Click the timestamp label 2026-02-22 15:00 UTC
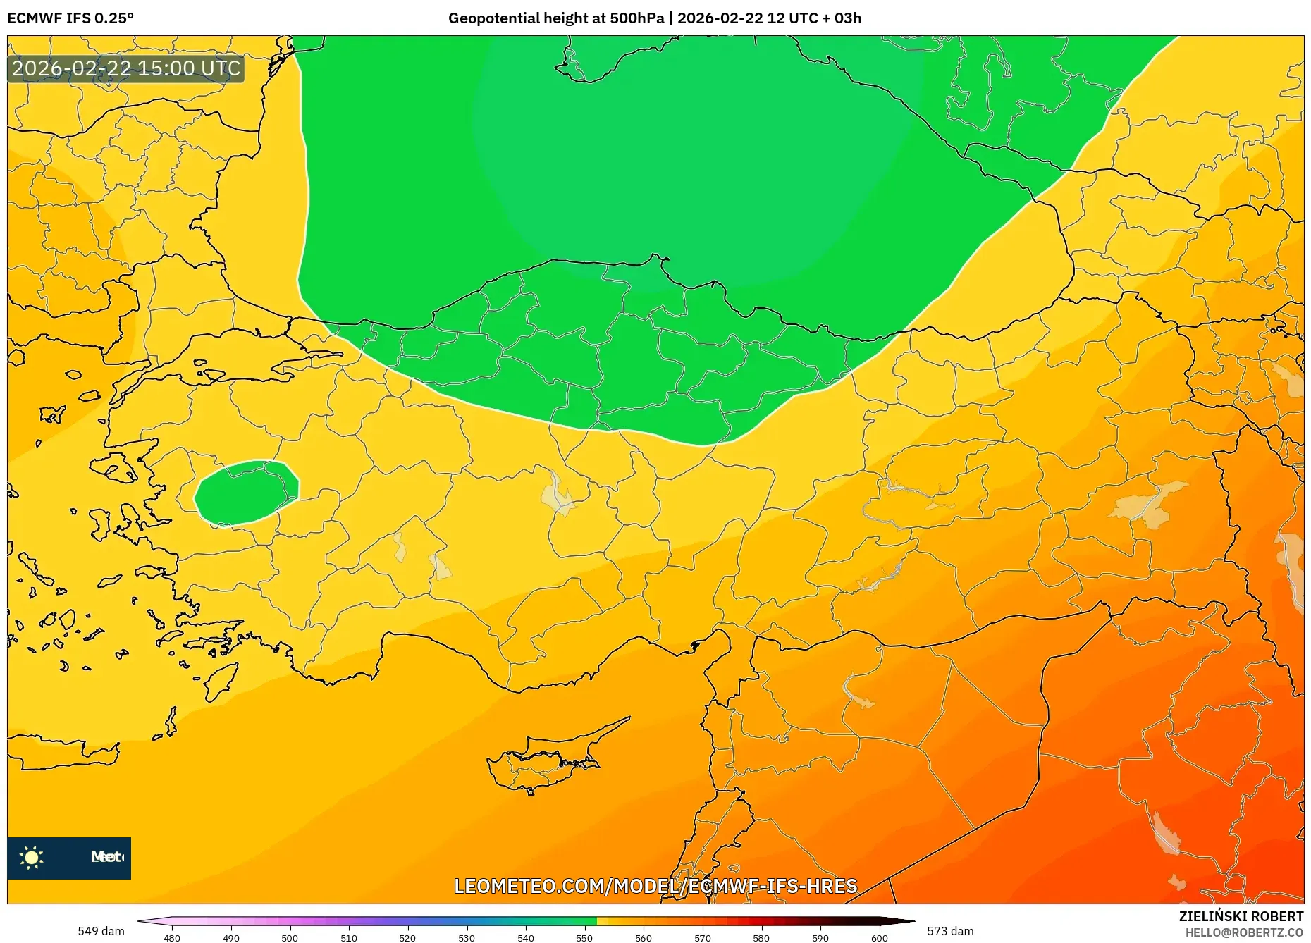126,68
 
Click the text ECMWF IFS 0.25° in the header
70,18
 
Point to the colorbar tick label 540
525,938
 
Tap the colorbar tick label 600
879,938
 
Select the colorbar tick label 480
172,938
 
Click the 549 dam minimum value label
101,931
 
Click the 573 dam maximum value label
950,931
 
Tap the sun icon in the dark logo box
32,858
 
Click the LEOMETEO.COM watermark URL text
655,886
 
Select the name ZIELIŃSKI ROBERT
1241,916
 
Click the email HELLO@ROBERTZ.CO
1244,932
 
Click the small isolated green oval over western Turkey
246,493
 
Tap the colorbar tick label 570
702,938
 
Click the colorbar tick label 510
348,938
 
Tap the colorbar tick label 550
584,938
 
